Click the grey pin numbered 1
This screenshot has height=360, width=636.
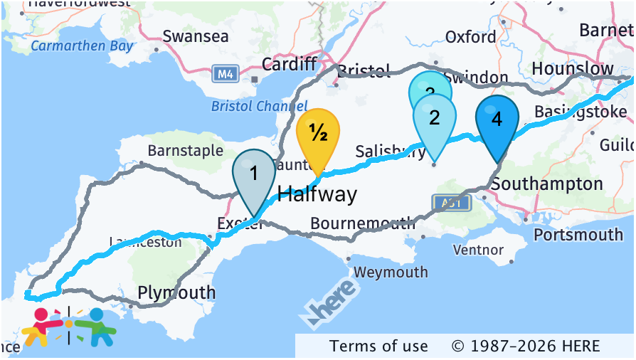coord(254,174)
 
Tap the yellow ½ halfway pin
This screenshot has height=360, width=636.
coord(317,133)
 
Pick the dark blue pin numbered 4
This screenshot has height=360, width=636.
coord(497,120)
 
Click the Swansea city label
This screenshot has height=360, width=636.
coord(196,36)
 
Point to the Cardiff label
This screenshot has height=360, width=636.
coord(289,64)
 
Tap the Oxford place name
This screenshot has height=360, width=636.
coord(470,37)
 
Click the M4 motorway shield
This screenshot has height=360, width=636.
coord(226,73)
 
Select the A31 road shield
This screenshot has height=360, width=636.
coord(451,203)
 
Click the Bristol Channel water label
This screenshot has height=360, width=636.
coord(249,106)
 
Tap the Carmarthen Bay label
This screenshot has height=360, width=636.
coord(82,46)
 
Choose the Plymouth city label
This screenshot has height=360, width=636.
coord(176,292)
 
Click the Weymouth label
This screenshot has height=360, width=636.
coord(391,272)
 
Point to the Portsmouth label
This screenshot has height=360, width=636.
coord(578,234)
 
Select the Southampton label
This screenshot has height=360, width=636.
coord(546,184)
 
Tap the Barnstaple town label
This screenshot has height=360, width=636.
coord(185,150)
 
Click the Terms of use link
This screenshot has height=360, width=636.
coord(378,346)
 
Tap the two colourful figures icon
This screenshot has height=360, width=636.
coord(68,327)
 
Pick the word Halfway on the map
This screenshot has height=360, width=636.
coord(317,194)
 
